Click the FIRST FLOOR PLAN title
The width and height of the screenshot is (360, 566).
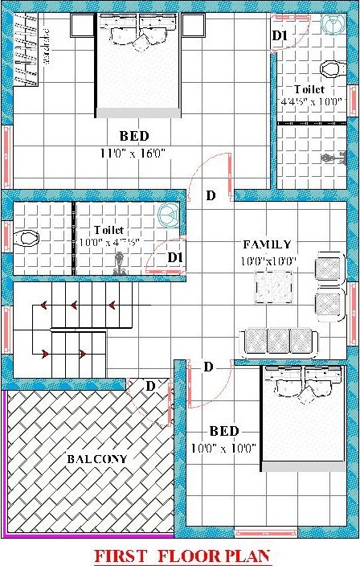click(x=182, y=555)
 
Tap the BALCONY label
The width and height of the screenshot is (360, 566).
click(x=97, y=458)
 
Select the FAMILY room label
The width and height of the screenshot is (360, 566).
click(x=267, y=244)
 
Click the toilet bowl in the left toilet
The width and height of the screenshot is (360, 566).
click(x=27, y=238)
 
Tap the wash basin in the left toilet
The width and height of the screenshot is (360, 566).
click(x=168, y=215)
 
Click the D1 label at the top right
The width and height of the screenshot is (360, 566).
click(x=279, y=35)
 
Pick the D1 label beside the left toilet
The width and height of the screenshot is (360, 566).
click(x=175, y=257)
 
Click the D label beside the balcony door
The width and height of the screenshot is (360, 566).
click(x=149, y=387)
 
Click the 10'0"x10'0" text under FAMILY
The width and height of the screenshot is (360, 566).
click(x=269, y=260)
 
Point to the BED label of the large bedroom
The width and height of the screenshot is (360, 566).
click(x=134, y=136)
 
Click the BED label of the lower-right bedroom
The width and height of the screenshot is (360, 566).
click(x=223, y=429)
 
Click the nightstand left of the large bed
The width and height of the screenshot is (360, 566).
click(x=82, y=25)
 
